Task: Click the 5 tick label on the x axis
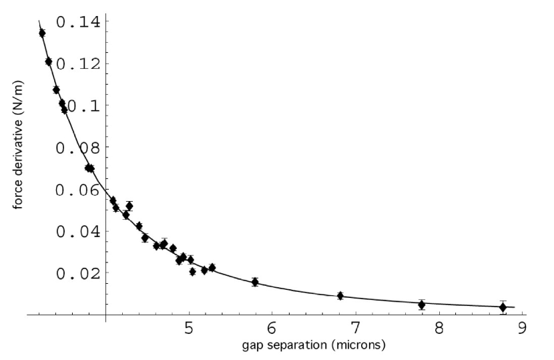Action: [189, 329]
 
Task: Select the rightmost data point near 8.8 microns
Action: [503, 307]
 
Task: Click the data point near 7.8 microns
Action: [421, 305]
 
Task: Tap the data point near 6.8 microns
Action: [340, 295]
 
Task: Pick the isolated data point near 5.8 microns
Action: [255, 282]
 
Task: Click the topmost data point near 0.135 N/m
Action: [42, 33]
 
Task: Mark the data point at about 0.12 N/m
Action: [48, 61]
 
